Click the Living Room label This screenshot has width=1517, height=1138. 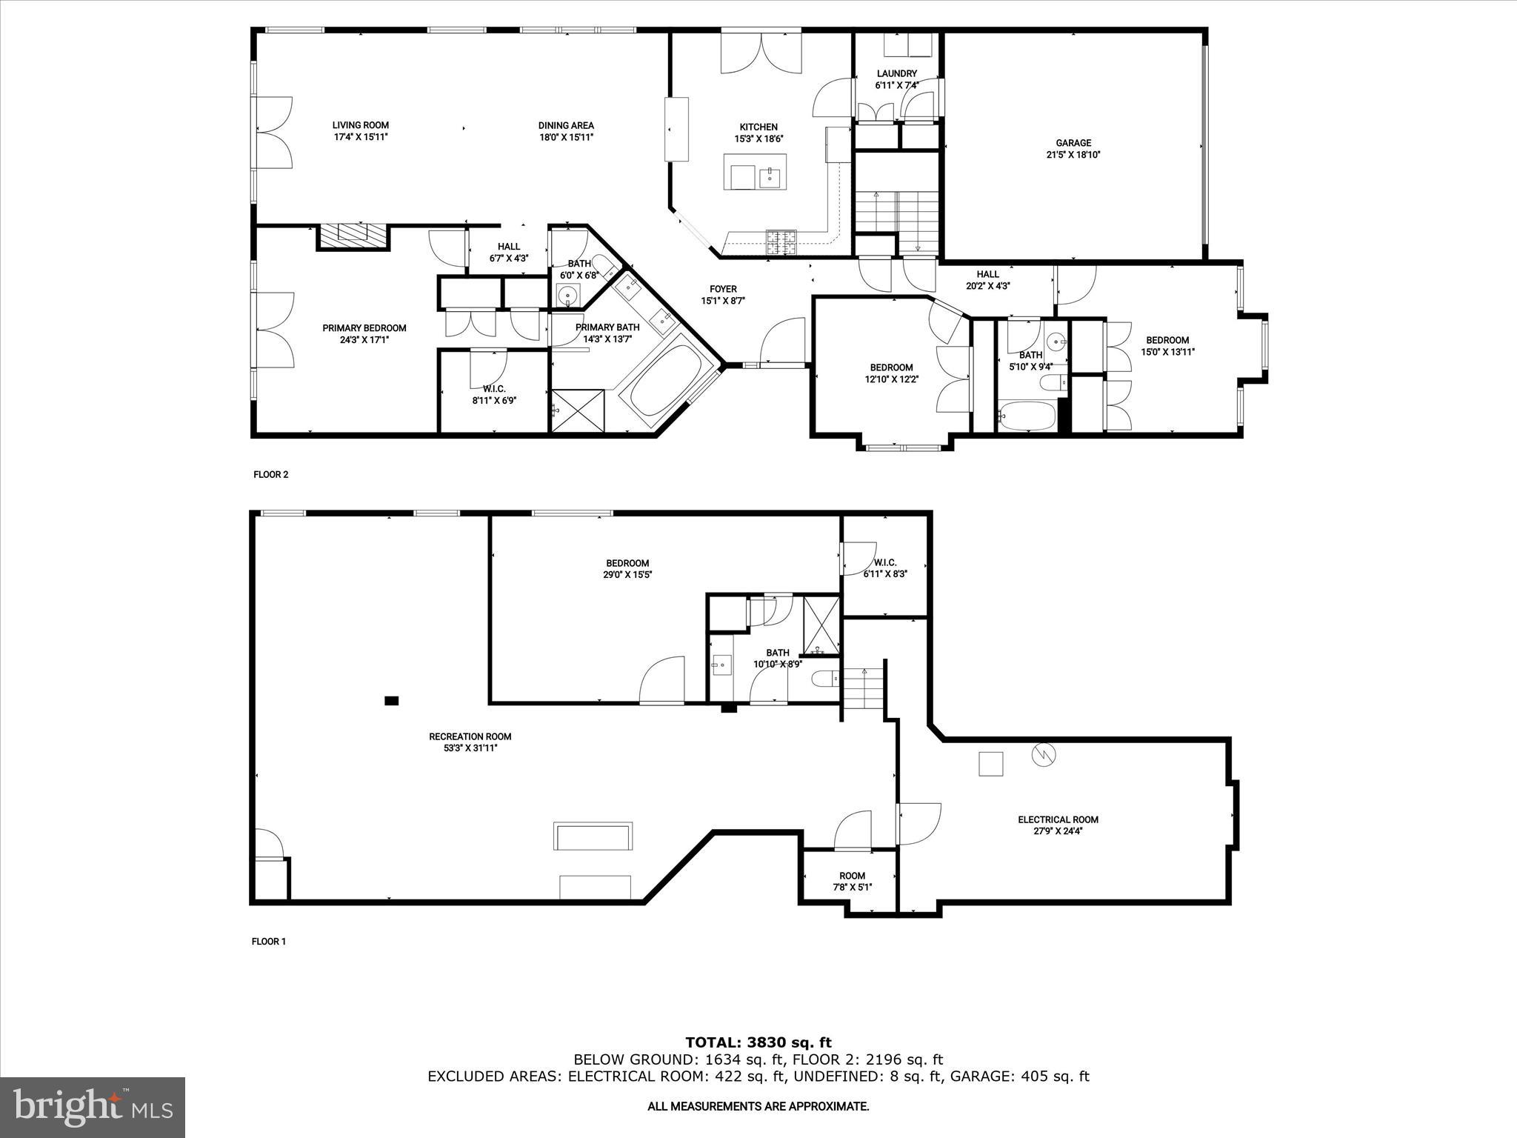(x=360, y=125)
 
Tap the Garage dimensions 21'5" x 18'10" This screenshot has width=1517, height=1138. (x=1073, y=155)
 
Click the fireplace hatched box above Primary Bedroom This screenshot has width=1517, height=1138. (x=353, y=236)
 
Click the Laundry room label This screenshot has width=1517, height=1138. (x=896, y=73)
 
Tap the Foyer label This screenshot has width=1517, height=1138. (x=723, y=289)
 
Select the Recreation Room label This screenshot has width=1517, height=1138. (x=470, y=736)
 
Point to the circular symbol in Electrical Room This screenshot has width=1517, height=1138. (x=1044, y=755)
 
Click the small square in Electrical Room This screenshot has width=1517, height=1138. (x=991, y=764)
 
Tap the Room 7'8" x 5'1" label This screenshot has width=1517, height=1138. (x=852, y=876)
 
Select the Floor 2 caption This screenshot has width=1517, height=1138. (x=270, y=475)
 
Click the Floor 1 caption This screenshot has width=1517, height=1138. (x=268, y=942)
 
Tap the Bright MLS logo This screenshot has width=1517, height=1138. (x=93, y=1107)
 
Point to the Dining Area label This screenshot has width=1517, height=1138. (x=566, y=125)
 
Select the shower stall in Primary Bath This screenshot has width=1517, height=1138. (x=578, y=411)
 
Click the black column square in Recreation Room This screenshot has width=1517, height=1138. (x=392, y=700)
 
